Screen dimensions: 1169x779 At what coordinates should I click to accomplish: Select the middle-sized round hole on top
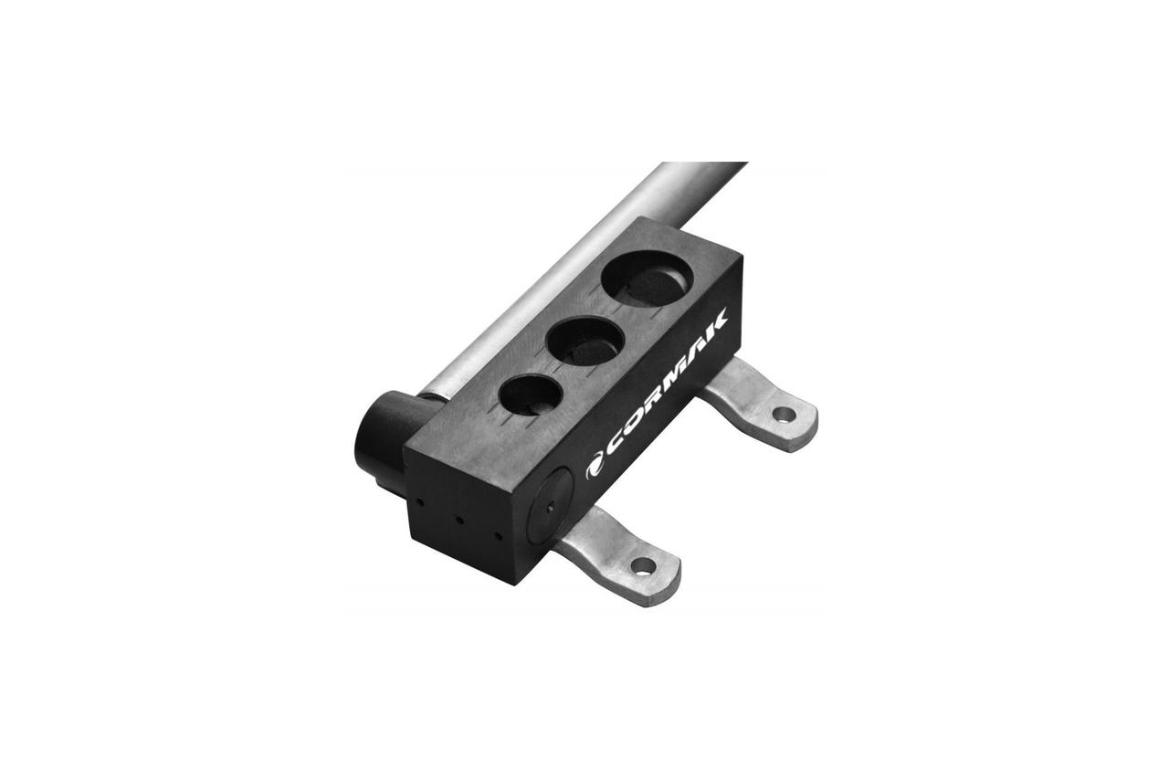[585, 342]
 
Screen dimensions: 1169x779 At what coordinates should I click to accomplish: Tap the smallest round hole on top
[531, 395]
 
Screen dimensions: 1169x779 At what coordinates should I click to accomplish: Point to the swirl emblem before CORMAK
[594, 468]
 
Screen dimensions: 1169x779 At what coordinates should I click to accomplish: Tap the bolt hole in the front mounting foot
[643, 565]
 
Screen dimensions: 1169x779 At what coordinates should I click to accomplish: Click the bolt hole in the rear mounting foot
[784, 415]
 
